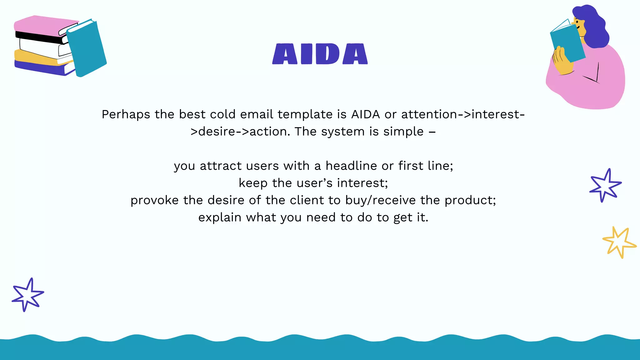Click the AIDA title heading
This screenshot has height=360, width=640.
click(x=320, y=54)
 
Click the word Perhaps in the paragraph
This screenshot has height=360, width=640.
click(x=126, y=115)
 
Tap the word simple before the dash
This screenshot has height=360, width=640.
click(x=403, y=132)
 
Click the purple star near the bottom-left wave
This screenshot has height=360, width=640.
click(x=27, y=294)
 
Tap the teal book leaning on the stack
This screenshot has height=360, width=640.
click(x=87, y=48)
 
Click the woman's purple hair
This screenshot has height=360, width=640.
click(x=595, y=28)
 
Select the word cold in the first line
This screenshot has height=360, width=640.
click(x=222, y=114)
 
